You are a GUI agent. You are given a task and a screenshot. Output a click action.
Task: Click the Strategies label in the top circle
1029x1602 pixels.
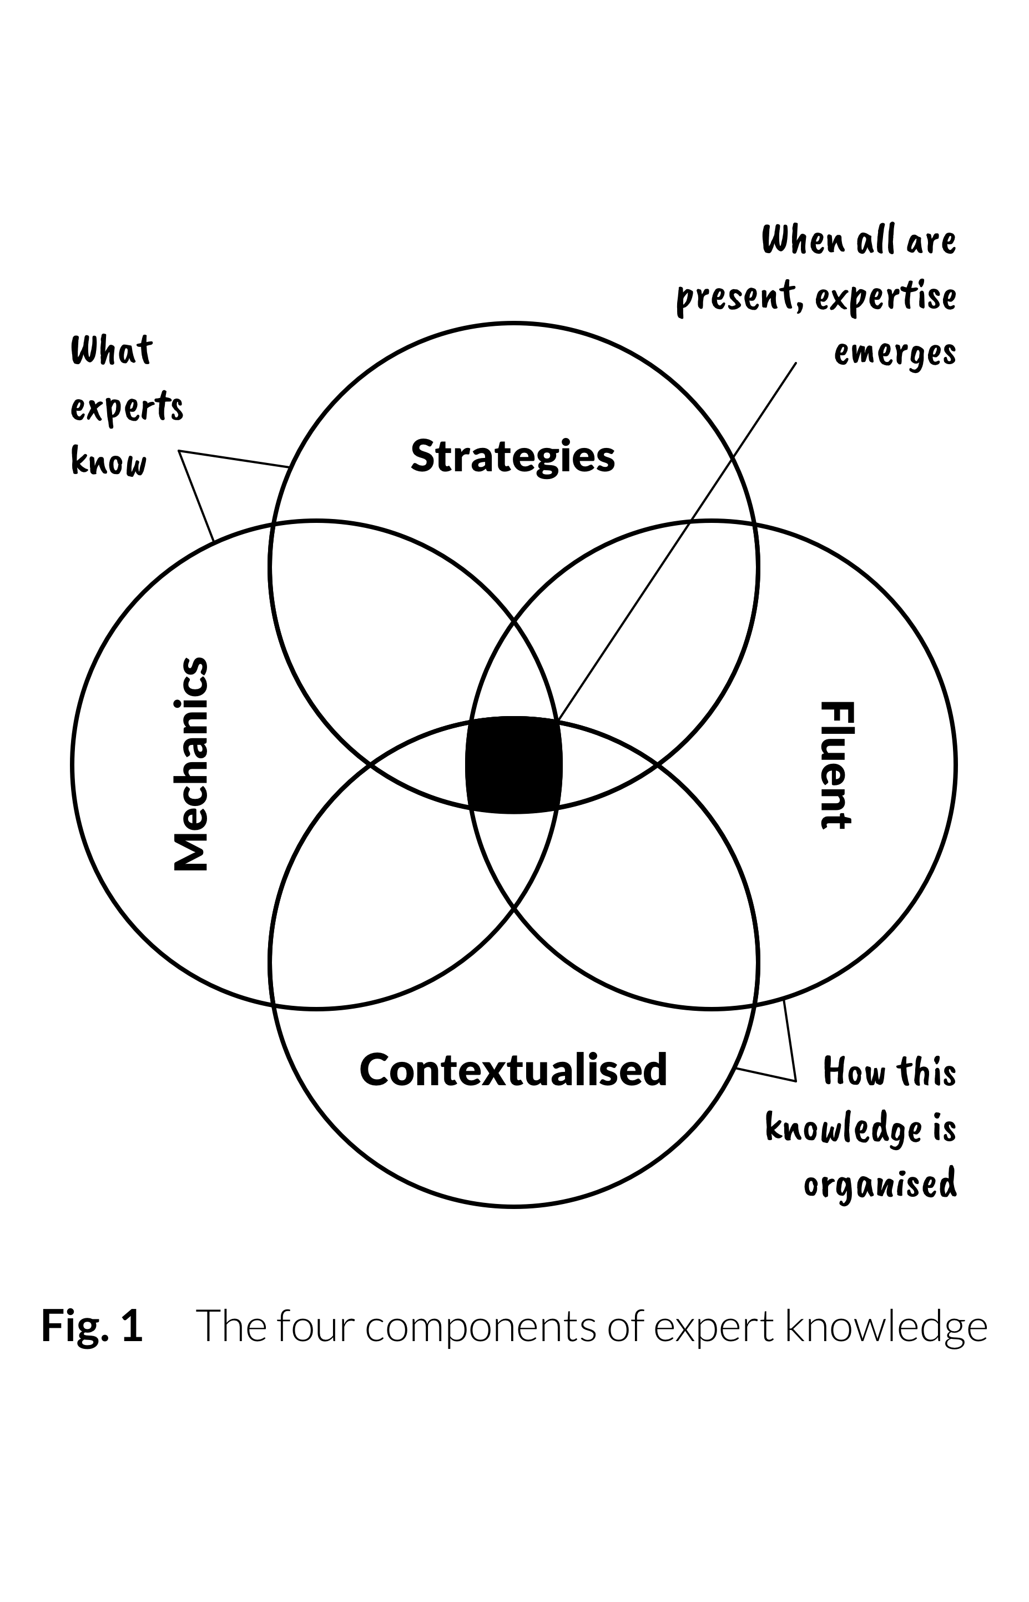coord(512,456)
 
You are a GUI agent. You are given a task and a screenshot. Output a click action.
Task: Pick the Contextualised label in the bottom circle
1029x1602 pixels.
coord(513,1069)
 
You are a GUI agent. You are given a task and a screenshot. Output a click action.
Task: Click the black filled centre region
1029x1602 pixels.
coord(513,765)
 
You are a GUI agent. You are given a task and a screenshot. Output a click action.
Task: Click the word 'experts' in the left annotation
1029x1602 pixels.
coord(127,407)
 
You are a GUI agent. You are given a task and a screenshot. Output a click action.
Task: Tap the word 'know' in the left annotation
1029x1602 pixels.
coord(108,462)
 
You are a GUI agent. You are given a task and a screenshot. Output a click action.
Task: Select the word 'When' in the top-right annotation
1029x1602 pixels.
coord(803,240)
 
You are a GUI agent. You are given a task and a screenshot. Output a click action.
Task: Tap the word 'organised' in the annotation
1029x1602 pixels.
coord(880,1186)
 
